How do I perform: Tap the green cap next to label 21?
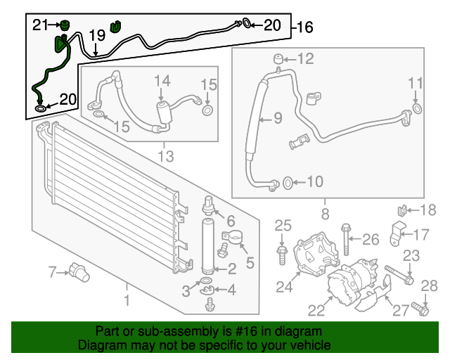65,26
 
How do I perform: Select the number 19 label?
96,34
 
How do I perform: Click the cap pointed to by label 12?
278,58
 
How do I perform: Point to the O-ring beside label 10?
287,184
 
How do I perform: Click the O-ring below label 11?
416,108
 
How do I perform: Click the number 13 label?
165,155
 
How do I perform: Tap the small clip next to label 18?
401,210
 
